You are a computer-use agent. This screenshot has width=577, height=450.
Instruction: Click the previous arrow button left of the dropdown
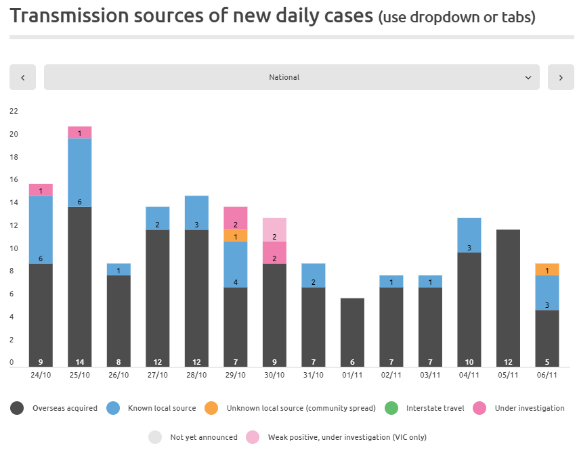(x=22, y=77)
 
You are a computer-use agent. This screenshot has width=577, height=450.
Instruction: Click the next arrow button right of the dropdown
(x=561, y=77)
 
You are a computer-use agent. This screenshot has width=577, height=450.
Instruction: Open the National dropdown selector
(x=291, y=77)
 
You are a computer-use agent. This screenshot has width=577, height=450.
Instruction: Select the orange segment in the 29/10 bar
(x=236, y=235)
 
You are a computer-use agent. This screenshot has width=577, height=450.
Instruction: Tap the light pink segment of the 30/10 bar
(x=274, y=229)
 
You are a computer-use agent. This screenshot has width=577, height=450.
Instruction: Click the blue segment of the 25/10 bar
(x=80, y=173)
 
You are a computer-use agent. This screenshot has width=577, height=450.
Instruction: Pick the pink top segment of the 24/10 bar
(x=41, y=190)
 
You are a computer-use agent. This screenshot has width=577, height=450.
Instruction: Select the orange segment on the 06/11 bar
(x=547, y=269)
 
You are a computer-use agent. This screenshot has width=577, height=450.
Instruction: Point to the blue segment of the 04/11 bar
(x=469, y=235)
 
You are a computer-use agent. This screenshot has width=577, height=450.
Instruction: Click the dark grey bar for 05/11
(x=508, y=298)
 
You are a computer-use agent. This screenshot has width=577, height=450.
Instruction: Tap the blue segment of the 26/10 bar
(x=119, y=269)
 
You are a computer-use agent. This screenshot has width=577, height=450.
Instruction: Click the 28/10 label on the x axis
(x=196, y=374)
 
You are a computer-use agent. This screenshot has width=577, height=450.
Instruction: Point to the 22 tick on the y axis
(x=14, y=111)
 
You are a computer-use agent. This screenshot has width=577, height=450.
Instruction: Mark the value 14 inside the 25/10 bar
(x=80, y=361)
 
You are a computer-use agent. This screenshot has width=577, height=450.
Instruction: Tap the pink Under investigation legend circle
(x=479, y=408)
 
